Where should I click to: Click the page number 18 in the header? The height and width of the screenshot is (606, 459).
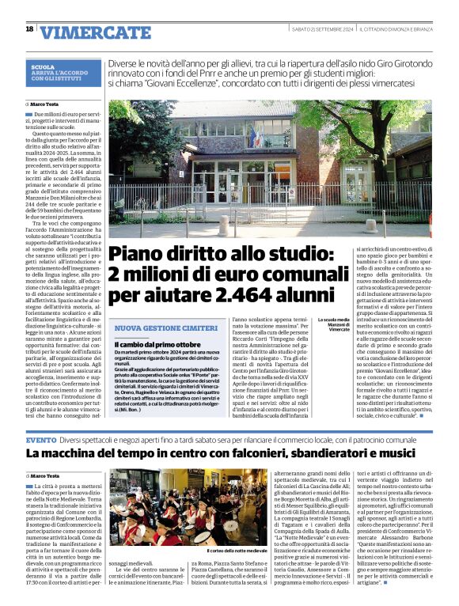click(29, 29)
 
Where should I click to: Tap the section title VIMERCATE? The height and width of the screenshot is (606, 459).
click(95, 32)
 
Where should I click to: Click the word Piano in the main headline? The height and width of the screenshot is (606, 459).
click(139, 255)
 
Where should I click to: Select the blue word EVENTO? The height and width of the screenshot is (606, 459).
click(41, 439)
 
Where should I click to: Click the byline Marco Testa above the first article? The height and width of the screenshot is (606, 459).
click(47, 104)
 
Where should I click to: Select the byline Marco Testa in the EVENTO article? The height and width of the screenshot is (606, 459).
click(47, 475)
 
